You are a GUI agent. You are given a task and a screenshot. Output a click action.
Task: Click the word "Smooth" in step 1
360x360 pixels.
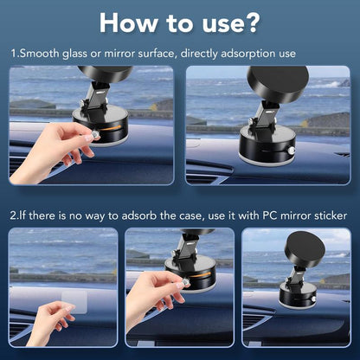(x=42, y=54)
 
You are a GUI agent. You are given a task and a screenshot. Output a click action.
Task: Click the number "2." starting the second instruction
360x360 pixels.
(x=15, y=215)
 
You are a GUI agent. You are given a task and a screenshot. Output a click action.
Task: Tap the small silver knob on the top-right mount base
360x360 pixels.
(x=292, y=151)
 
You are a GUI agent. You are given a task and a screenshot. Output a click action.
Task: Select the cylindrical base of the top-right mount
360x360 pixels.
(x=266, y=143)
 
